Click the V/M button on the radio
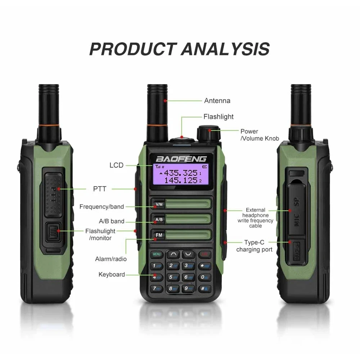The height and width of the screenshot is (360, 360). pyautogui.click(x=159, y=205)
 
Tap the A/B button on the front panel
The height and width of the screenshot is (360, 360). pyautogui.click(x=159, y=220)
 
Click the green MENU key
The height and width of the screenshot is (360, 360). pyautogui.click(x=157, y=254)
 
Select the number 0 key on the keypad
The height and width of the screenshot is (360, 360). pyautogui.click(x=203, y=277)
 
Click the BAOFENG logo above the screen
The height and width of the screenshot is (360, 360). pyautogui.click(x=181, y=158)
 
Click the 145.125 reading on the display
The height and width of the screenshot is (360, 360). pyautogui.click(x=180, y=180)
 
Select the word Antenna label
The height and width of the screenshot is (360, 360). pyautogui.click(x=217, y=101)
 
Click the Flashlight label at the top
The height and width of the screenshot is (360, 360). pyautogui.click(x=219, y=117)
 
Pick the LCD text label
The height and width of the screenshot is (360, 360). pyautogui.click(x=116, y=165)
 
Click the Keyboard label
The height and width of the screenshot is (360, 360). pyautogui.click(x=112, y=275)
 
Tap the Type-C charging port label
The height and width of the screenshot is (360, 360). pyautogui.click(x=254, y=246)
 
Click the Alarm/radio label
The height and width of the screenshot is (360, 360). pyautogui.click(x=111, y=259)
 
